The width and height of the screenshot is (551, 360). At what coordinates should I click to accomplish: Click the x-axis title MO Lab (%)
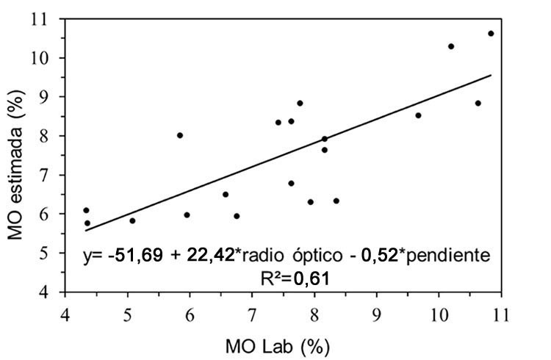pos(283,344)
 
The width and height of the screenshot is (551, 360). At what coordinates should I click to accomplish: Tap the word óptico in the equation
pos(324,255)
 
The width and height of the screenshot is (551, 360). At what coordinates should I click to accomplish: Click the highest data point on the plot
pos(491,34)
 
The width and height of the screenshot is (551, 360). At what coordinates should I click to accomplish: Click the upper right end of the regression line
pos(491,75)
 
